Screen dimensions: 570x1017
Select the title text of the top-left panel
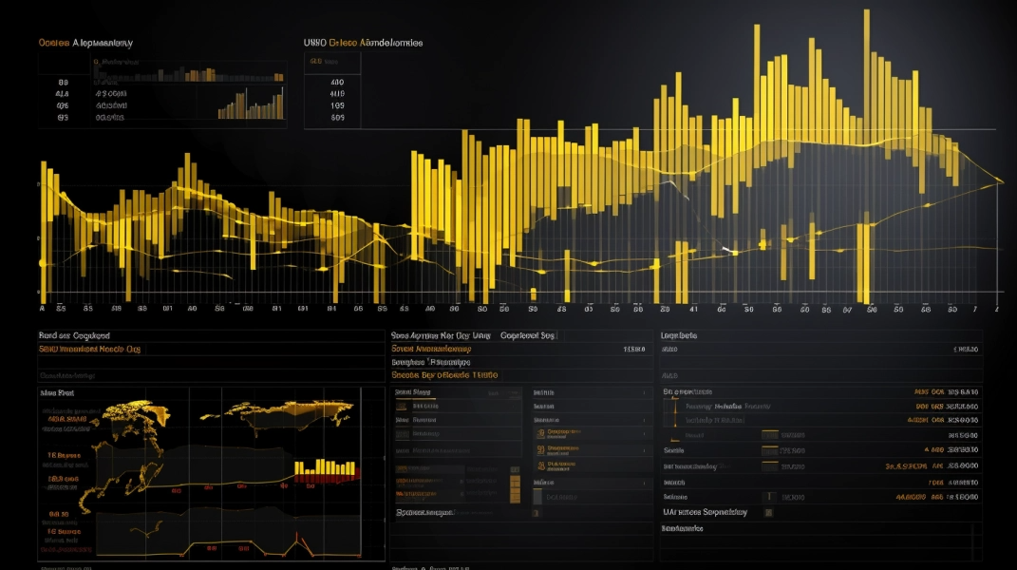coord(85,43)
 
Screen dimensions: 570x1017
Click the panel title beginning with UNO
coord(363,43)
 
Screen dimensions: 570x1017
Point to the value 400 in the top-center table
coord(337,82)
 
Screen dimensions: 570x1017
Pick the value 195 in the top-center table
coord(337,105)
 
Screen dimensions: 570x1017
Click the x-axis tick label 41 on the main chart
coord(693,309)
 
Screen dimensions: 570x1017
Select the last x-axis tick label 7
coord(974,309)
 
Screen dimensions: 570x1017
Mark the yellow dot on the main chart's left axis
coord(42,263)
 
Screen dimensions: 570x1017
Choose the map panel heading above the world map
coord(57,392)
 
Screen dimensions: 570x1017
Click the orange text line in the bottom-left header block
coord(89,350)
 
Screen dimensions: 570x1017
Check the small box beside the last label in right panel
coord(768,512)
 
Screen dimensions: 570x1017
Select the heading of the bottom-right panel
coord(679,335)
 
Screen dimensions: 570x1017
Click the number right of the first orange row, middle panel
coord(633,349)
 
